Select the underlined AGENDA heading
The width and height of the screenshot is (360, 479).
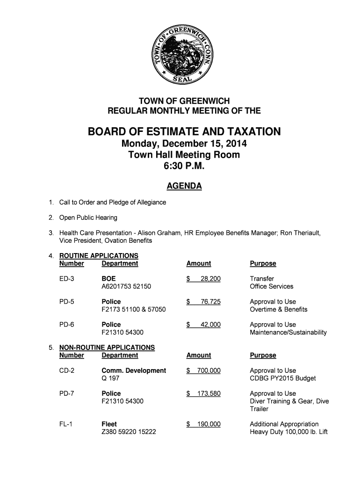[x=184, y=187]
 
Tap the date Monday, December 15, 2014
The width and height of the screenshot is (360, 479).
[x=184, y=144]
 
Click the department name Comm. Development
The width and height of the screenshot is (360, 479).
[x=134, y=370]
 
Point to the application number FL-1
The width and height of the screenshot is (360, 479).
[x=66, y=424]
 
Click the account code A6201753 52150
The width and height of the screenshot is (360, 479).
[x=126, y=286]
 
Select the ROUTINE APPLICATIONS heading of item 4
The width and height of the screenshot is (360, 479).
[x=99, y=256]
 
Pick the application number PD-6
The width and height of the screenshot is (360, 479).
[x=67, y=325]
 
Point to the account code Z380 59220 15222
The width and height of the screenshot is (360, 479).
[x=129, y=432]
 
